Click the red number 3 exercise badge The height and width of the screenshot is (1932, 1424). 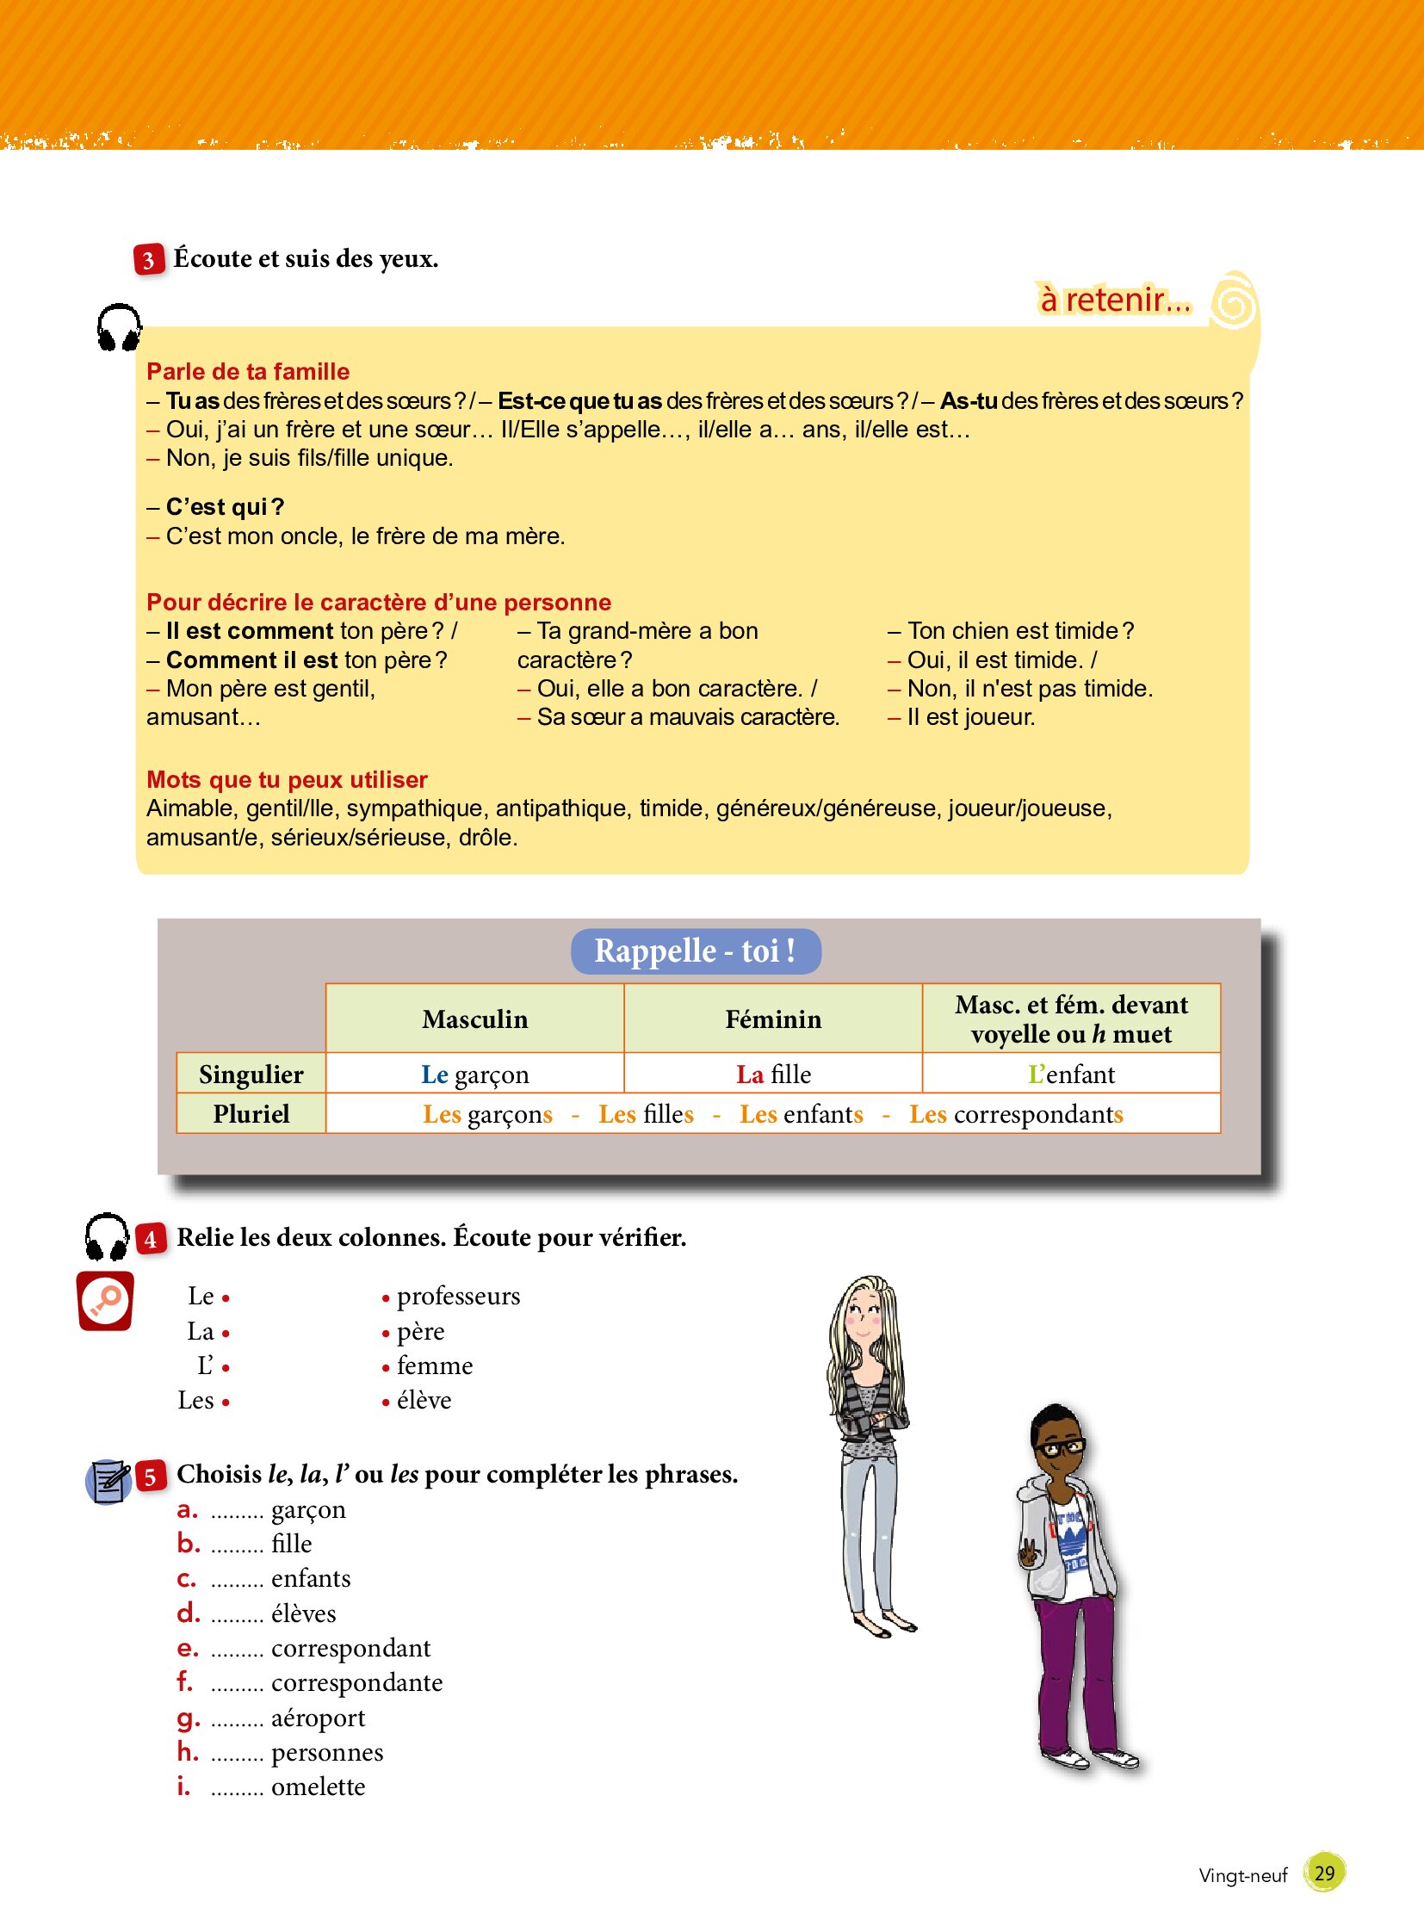[x=148, y=259]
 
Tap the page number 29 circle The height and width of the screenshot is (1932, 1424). [x=1324, y=1873]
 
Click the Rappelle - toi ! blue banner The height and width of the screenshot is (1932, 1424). [x=695, y=951]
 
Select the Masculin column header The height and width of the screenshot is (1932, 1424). [x=474, y=1019]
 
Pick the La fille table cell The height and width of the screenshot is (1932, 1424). [x=773, y=1074]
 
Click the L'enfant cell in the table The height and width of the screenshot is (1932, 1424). [x=1071, y=1074]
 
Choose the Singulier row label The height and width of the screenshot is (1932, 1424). [x=251, y=1074]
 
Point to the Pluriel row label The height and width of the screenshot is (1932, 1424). [x=251, y=1114]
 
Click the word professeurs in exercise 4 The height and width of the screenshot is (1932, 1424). [x=458, y=1297]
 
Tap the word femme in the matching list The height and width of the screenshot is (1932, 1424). [x=435, y=1366]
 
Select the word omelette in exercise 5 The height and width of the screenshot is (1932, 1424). [x=318, y=1787]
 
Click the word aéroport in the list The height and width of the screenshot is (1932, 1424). [x=318, y=1718]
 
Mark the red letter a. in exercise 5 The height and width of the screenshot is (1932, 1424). [x=187, y=1510]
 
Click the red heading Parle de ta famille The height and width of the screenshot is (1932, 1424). [x=248, y=372]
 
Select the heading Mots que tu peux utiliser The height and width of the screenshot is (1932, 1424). [x=287, y=779]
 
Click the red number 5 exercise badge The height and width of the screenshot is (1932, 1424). [x=150, y=1477]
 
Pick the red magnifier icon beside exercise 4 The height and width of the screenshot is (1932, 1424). [x=105, y=1301]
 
